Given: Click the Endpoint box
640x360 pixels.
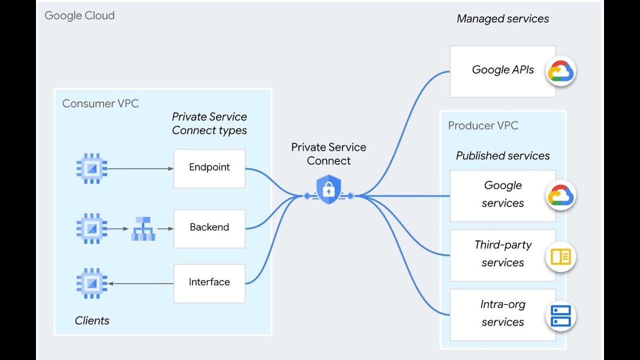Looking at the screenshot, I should pos(209,168).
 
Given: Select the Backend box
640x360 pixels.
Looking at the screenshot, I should pos(209,228).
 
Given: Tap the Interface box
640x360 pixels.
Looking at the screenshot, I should pos(209,283).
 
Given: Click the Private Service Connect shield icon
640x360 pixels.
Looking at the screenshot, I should pos(328,190).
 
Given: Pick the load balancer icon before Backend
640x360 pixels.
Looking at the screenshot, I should pos(143,228).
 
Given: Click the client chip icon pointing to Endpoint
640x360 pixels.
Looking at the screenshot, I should pos(91,168).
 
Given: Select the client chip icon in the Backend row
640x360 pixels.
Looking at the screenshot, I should pos(91,228).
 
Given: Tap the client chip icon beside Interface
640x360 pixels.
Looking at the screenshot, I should pos(91,283).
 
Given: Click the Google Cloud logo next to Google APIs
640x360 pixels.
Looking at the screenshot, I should pos(560,71).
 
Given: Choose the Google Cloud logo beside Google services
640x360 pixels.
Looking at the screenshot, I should pos(560,195).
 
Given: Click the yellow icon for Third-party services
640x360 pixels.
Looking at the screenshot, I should pos(560,257).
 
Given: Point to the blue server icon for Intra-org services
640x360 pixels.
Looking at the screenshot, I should pos(560,316).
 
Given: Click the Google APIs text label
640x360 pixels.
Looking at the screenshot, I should pos(502,70).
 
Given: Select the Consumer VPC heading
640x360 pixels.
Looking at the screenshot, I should pos(100,103).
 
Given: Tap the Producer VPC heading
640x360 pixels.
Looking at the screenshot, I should pos(482,125).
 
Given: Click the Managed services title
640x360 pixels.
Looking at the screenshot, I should pos(502,19).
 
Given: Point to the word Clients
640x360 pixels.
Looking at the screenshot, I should pos(92,320).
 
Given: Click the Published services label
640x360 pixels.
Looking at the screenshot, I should pos(502,156).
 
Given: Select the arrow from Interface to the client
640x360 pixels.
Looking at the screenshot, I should pos(141,283).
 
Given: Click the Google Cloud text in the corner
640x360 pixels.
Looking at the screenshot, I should pos(79,15).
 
